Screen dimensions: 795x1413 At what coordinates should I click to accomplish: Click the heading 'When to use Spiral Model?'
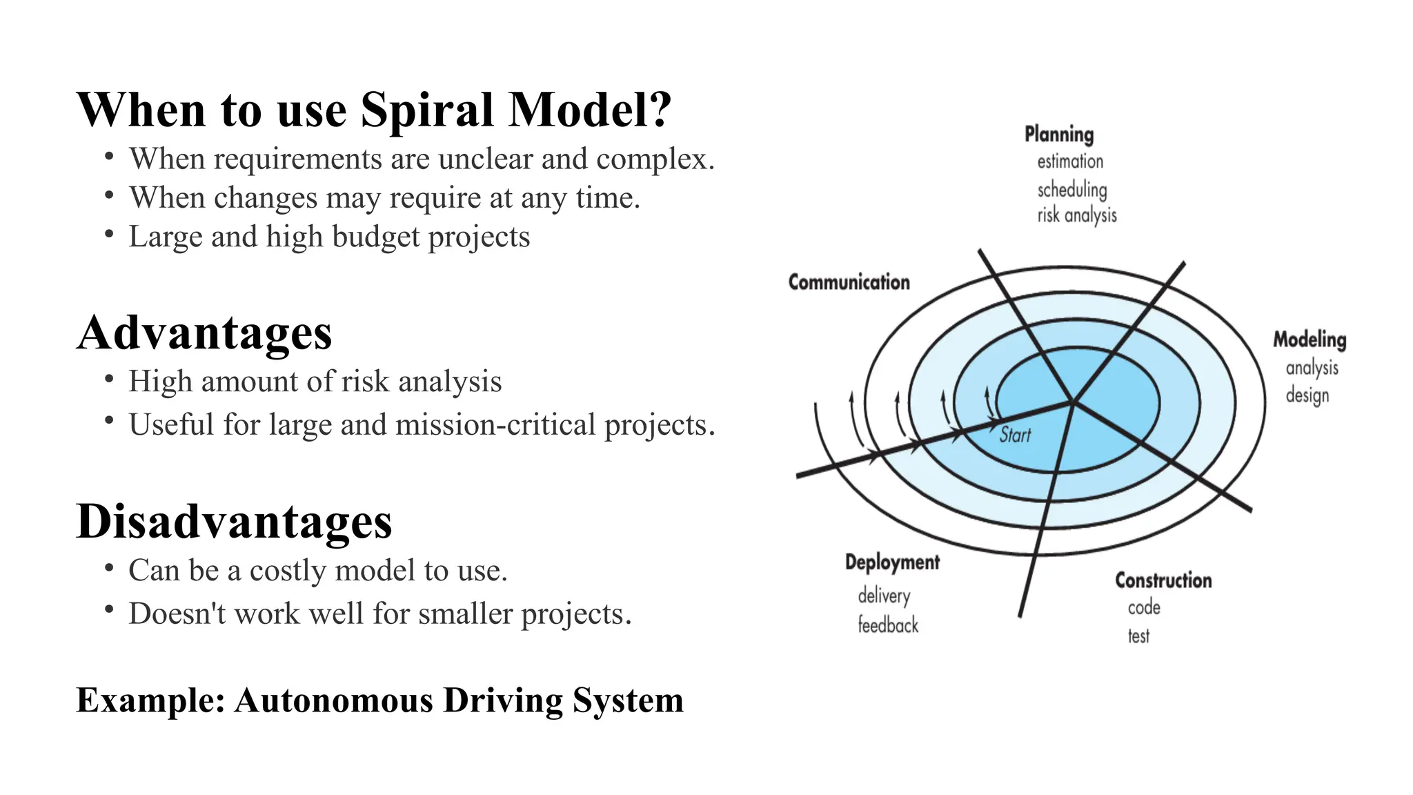(373, 110)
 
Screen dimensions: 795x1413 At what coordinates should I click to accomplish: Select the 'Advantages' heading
(204, 333)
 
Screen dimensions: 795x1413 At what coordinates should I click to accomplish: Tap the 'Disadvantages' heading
(234, 522)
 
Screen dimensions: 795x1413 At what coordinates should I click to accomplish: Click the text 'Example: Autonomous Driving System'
(379, 700)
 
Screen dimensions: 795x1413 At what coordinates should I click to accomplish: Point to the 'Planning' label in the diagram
(1058, 135)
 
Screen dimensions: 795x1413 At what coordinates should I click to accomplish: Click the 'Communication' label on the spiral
(849, 282)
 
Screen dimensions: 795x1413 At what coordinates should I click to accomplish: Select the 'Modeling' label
(1309, 340)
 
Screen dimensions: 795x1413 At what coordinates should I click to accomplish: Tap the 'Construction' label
(1163, 580)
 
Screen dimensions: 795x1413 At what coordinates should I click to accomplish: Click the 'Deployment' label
(892, 562)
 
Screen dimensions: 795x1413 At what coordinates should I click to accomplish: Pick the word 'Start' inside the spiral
(1015, 435)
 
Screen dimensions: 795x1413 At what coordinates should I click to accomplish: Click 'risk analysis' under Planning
(1076, 215)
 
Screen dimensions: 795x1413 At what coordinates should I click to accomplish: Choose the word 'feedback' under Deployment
(888, 625)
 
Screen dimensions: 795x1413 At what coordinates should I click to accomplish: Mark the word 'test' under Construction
(1138, 636)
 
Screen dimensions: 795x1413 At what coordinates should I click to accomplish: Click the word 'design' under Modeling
(1307, 395)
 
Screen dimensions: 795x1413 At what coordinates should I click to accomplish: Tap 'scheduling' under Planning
(1071, 189)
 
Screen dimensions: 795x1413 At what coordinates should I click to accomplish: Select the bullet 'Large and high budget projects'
(329, 237)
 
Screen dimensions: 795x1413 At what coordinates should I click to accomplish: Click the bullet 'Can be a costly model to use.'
(317, 571)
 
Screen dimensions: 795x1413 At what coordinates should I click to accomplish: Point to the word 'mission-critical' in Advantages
(495, 424)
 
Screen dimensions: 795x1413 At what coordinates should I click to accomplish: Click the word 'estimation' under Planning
(1069, 161)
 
